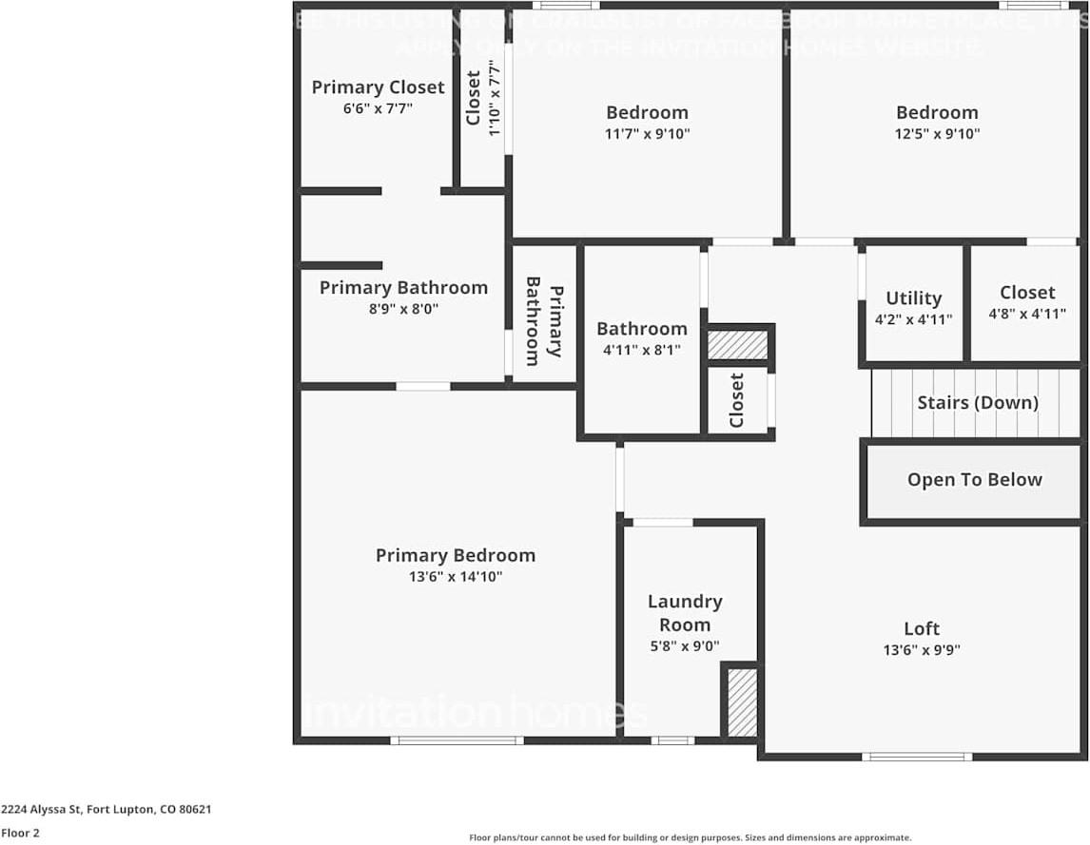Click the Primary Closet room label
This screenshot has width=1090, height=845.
pos(378,86)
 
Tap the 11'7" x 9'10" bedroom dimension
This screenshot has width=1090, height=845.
pos(647,134)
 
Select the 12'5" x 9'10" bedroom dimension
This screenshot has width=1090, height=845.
pos(937,134)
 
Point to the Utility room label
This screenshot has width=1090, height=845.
pos(913,298)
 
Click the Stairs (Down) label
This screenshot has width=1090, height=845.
pos(977,402)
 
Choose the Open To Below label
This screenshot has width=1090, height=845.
pos(974,480)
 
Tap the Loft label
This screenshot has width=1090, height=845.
pos(922,628)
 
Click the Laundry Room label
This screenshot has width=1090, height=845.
pos(685,613)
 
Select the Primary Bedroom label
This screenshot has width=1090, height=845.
pos(455,555)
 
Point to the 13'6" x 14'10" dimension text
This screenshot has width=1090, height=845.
pos(455,577)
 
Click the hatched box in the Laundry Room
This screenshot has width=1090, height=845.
pos(742,702)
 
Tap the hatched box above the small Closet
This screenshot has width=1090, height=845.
pos(737,344)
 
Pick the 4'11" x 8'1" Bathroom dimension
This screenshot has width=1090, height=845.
pos(641,350)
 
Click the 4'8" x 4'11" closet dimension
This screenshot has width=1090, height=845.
pos(1026,314)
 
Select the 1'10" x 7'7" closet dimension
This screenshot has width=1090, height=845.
pos(494,99)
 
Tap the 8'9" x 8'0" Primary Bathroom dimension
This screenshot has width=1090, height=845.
pos(403,309)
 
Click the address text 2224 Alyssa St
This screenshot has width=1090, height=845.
pos(106,810)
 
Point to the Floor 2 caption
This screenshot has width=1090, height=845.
pos(20,833)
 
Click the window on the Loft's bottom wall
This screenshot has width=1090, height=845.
pos(917,757)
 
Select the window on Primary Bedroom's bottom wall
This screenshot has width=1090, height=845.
pos(457,739)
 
